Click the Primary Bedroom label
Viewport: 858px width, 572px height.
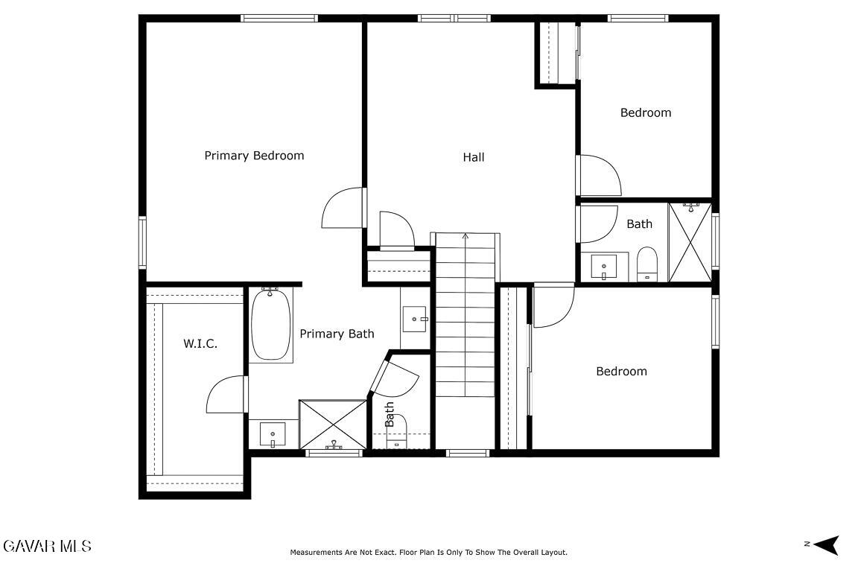point(254,156)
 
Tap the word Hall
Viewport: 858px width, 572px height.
point(474,157)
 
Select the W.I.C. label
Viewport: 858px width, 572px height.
point(200,344)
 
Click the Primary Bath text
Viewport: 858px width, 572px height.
point(337,334)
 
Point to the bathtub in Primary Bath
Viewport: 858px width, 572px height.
point(271,324)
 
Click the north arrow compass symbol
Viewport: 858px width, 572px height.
point(826,544)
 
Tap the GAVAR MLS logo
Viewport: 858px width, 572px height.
point(47,546)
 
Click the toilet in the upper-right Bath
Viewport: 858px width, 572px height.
point(646,264)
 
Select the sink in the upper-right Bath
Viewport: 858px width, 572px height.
point(604,267)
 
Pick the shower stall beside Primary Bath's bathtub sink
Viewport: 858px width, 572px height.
point(333,425)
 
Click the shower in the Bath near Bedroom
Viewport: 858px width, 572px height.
point(690,243)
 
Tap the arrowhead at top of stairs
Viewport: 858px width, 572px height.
point(465,236)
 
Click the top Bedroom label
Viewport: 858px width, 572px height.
point(646,112)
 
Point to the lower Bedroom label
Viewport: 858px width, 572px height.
point(622,372)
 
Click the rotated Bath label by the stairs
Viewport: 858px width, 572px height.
point(389,414)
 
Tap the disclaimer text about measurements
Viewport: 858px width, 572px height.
point(428,553)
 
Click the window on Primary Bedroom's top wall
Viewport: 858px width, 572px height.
point(279,18)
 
